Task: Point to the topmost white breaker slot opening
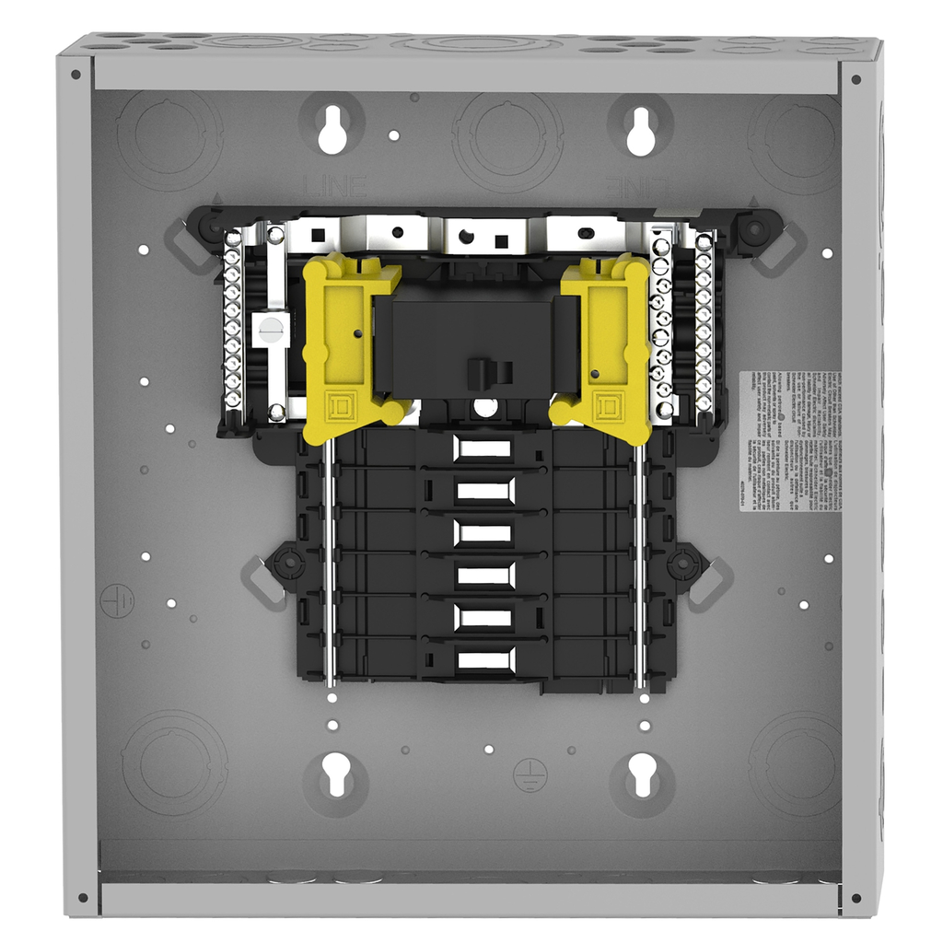point(483,448)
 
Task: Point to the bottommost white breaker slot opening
point(484,659)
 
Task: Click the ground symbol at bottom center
point(530,772)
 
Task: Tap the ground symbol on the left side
point(117,600)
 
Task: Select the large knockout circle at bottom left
point(173,763)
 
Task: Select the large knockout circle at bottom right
point(794,763)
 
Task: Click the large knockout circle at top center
point(507,141)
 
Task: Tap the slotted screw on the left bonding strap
point(270,330)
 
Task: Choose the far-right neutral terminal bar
point(704,322)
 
